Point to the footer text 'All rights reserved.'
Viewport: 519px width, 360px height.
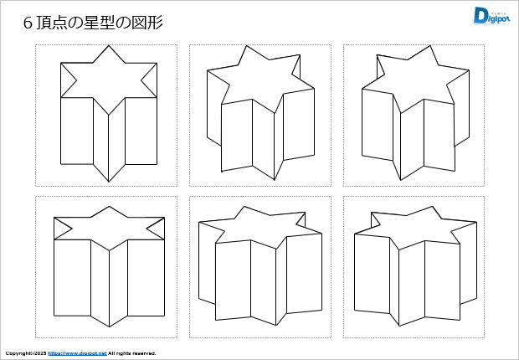tap(132, 353)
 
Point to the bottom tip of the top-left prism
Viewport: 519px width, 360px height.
tap(109, 180)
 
